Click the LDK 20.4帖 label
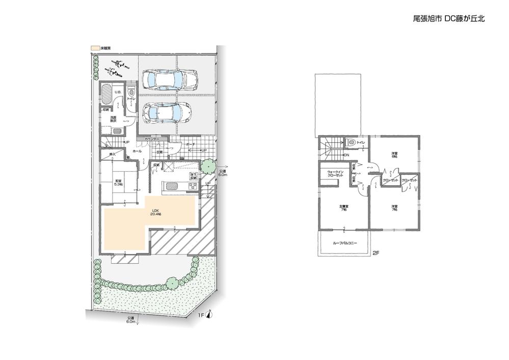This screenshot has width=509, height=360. [155, 212]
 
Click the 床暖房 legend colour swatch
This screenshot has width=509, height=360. [95, 47]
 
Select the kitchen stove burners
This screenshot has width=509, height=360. [192, 186]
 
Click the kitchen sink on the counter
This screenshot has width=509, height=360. [171, 186]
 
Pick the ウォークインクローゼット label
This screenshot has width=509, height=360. [335, 173]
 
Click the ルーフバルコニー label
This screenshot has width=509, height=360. [345, 243]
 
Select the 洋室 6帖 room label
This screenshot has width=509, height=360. [394, 155]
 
